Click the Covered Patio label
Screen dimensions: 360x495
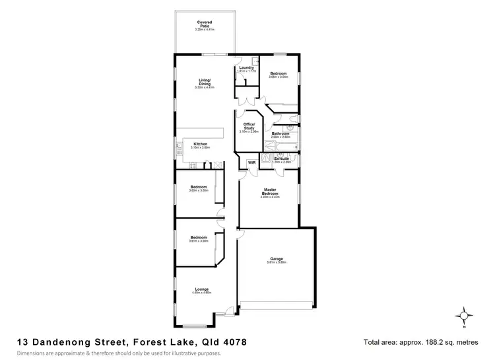coord(204,24)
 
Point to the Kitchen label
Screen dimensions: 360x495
coord(200,144)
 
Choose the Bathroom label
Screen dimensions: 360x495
coord(281,133)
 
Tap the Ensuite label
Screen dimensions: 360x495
coord(282,158)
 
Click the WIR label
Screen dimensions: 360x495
coord(251,162)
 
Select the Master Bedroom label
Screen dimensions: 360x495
coord(269,192)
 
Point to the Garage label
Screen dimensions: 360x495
coord(277,258)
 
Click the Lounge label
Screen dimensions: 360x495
coord(201,289)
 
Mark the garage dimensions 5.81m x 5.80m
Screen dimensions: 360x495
coord(277,262)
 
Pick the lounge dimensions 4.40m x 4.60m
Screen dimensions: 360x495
coord(201,293)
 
